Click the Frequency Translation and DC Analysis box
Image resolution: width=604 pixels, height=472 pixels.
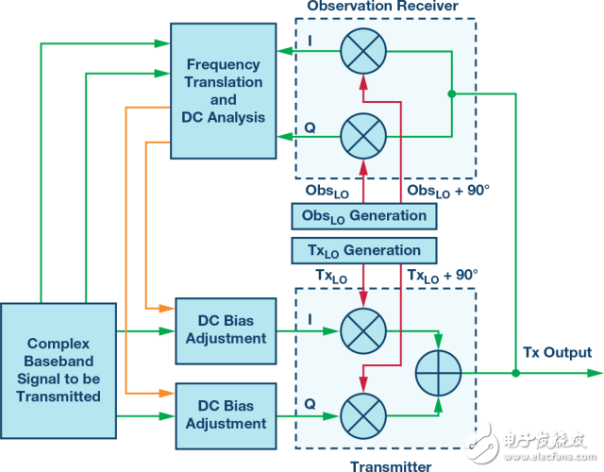(x=223, y=91)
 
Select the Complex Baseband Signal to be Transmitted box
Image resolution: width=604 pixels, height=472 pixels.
(x=59, y=370)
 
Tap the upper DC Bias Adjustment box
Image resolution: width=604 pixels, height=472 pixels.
(x=226, y=329)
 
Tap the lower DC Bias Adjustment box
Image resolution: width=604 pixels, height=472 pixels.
(x=226, y=413)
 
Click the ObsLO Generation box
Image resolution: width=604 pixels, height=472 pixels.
(x=364, y=216)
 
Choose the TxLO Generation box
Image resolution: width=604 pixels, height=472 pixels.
(x=364, y=250)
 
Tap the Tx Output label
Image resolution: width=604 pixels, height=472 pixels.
(x=558, y=353)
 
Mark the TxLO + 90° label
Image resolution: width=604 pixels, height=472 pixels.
(x=444, y=275)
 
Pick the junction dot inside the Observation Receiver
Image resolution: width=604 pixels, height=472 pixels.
(x=452, y=93)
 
